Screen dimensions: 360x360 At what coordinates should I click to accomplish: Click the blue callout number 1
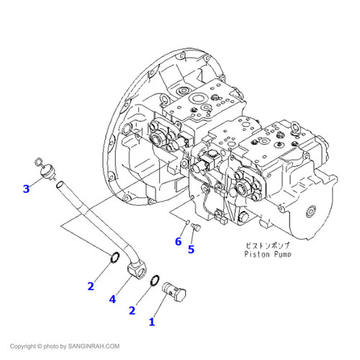152,322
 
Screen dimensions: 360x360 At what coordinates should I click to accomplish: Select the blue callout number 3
26,189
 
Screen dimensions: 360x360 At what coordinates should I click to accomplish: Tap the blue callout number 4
112,300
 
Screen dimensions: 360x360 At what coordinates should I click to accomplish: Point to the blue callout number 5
191,249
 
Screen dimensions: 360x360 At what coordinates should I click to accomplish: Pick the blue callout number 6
179,241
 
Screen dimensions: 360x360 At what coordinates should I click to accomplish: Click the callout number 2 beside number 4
91,287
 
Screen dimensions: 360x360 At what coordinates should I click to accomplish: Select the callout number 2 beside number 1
132,310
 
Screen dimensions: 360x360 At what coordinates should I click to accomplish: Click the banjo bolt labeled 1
174,292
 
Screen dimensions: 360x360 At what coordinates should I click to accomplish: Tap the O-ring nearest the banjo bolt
155,280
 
